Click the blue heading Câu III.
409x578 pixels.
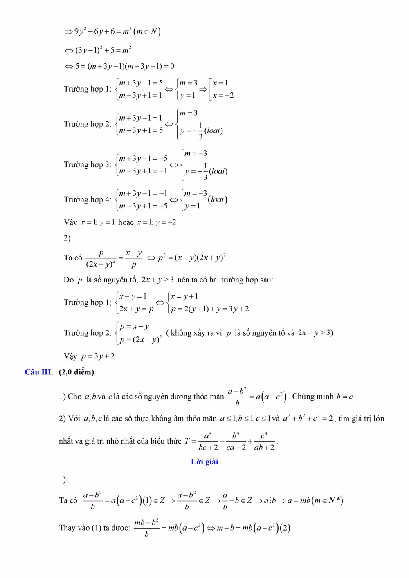click(39, 372)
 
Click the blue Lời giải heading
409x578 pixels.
click(204, 462)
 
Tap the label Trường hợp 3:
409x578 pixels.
click(88, 164)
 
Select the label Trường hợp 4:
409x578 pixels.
click(88, 199)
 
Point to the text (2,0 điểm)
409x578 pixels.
click(76, 372)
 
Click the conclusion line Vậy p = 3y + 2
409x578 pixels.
click(89, 356)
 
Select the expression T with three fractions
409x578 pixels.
click(231, 441)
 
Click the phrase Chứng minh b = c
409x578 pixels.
click(322, 397)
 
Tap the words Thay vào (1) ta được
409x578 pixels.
click(94, 528)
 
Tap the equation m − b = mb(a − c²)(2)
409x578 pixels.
click(253, 528)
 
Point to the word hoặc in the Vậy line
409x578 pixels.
click(126, 222)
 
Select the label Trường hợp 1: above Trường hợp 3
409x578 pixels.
click(88, 89)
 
